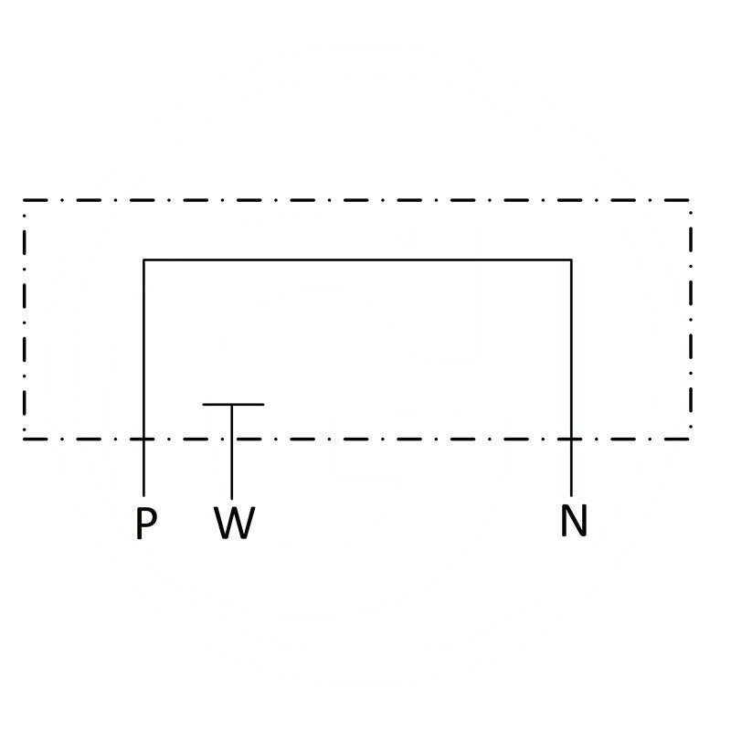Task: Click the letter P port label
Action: [x=146, y=523]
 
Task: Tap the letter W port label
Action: [x=235, y=523]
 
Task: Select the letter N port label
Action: [x=574, y=520]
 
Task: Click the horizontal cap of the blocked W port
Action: [x=233, y=404]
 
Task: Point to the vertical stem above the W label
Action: [x=232, y=451]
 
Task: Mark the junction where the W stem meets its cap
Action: [x=232, y=404]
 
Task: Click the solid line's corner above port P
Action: [x=143, y=260]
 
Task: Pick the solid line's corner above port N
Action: [x=571, y=260]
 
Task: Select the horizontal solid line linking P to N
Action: [x=357, y=260]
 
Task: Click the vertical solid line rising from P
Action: [x=143, y=377]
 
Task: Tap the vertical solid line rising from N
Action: [x=571, y=377]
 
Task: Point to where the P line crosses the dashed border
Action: [x=143, y=439]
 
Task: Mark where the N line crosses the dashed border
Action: [x=571, y=439]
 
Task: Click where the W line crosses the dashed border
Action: [x=232, y=439]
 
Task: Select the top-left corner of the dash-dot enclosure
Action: [x=25, y=200]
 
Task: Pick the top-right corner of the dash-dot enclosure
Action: [x=691, y=200]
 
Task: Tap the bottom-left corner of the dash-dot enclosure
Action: [x=25, y=439]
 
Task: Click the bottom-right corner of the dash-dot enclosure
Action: [x=691, y=439]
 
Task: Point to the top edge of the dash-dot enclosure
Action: [x=357, y=200]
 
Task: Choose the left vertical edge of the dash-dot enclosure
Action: [x=25, y=320]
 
